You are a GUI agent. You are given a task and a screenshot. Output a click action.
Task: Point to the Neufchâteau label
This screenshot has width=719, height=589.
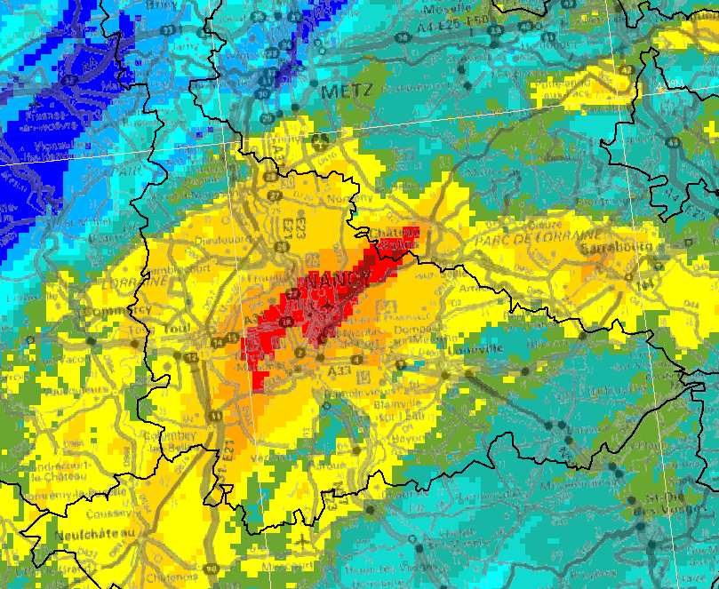tap(87, 535)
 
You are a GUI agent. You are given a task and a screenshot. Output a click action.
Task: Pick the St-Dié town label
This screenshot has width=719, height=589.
tap(659, 497)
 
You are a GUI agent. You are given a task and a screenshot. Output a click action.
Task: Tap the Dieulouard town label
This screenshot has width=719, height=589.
tap(204, 239)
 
